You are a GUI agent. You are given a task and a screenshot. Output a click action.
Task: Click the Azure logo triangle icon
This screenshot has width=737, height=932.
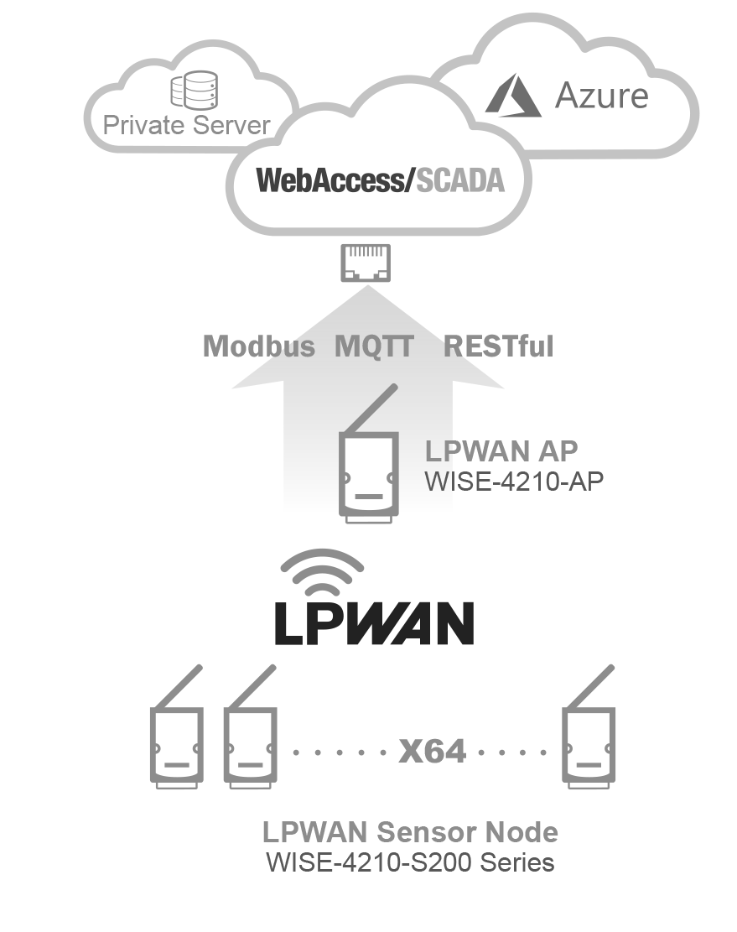click(x=515, y=95)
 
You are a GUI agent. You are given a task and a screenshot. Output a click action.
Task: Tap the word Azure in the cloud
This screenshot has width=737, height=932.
click(x=601, y=95)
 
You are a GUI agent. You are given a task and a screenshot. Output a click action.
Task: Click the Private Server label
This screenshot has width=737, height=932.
click(x=186, y=126)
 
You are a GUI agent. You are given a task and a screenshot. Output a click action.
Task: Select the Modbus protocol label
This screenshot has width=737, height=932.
click(x=259, y=346)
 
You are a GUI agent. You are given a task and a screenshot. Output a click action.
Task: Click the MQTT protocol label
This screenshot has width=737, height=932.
click(x=374, y=346)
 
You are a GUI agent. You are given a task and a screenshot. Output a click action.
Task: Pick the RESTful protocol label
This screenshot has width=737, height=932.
click(x=498, y=346)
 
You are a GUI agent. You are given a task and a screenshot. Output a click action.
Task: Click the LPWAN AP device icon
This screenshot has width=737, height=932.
click(x=367, y=473)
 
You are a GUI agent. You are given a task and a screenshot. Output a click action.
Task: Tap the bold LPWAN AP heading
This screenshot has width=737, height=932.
click(x=501, y=451)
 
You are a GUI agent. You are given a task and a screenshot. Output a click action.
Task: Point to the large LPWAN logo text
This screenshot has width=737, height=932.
click(x=374, y=622)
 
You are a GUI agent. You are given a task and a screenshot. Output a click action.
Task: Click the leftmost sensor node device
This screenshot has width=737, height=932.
click(x=176, y=743)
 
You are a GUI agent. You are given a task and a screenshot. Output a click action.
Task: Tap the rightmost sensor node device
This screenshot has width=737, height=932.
click(x=588, y=743)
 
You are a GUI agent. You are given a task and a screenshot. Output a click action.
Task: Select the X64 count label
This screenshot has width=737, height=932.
click(x=433, y=750)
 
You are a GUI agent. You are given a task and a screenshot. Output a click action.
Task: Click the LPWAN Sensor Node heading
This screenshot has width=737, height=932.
click(x=410, y=832)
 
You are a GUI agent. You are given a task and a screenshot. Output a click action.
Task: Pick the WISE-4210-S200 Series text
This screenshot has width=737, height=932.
click(x=410, y=862)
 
